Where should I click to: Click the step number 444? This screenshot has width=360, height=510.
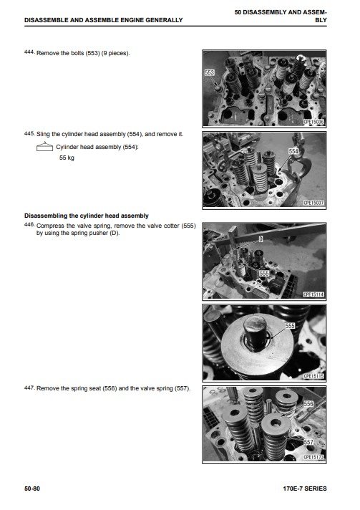[29, 52]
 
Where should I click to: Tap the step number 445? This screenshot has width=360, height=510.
[29, 133]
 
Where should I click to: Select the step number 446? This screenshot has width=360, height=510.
[29, 224]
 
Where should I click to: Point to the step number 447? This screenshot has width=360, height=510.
[29, 388]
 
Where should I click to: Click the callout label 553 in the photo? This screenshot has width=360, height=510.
[210, 72]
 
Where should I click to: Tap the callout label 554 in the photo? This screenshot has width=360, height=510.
[293, 151]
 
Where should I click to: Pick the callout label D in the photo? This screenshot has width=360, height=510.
[261, 239]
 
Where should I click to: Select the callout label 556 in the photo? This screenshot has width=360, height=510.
[308, 404]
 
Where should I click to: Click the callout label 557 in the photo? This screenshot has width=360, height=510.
[308, 442]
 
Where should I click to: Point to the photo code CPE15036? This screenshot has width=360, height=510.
[313, 122]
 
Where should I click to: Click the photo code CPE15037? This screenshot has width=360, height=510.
[313, 203]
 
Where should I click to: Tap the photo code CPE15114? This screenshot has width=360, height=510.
[313, 294]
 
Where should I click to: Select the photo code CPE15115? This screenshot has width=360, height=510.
[313, 376]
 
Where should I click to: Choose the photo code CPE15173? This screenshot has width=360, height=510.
[313, 457]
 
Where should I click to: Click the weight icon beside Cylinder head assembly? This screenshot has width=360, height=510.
[44, 148]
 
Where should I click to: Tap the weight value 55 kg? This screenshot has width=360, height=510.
[67, 158]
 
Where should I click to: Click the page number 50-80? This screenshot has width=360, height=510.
[32, 489]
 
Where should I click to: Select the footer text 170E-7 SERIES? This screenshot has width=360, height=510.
[305, 489]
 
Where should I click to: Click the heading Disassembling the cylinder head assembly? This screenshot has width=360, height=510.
[87, 216]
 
